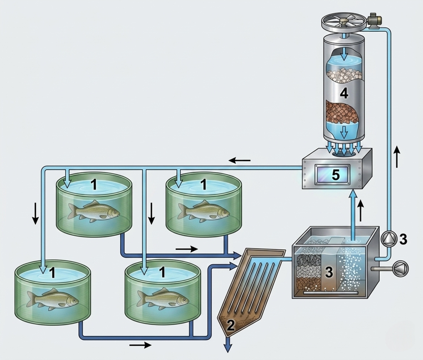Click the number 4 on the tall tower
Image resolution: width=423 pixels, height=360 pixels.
coord(344,93)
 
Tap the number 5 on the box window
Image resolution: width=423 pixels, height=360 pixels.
coord(336,175)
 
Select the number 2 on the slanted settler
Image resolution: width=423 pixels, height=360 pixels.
coord(231,326)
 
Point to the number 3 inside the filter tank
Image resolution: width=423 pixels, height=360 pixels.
coord(329,272)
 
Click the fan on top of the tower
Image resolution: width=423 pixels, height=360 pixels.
coord(344,22)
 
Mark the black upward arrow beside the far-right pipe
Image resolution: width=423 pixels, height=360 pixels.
coord(397,157)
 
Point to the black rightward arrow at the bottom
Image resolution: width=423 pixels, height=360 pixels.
coord(140,345)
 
